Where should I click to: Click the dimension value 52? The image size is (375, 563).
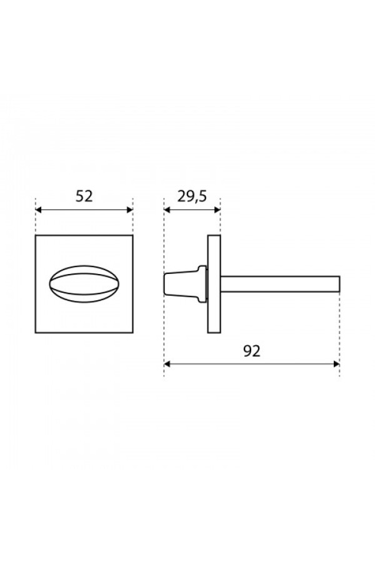pos(84,196)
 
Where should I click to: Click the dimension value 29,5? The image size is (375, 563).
pos(192,196)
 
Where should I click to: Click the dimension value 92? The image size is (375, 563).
pos(251,351)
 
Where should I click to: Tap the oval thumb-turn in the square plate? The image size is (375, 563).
pos(84,283)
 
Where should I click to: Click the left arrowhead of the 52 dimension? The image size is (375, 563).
pos(39,210)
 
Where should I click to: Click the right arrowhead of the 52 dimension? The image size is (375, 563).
pos(130,210)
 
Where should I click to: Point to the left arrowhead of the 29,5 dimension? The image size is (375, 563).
pos(167,210)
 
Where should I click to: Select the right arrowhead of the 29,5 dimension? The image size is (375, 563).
pos(217,210)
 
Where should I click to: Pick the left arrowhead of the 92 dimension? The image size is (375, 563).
pos(167,364)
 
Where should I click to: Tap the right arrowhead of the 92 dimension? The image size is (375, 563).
pos(336,364)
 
